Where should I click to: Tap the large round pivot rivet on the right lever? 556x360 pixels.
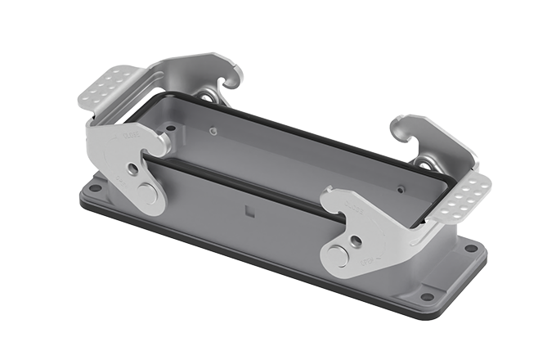coord(337,257)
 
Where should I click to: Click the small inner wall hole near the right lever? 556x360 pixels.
coord(401,188)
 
